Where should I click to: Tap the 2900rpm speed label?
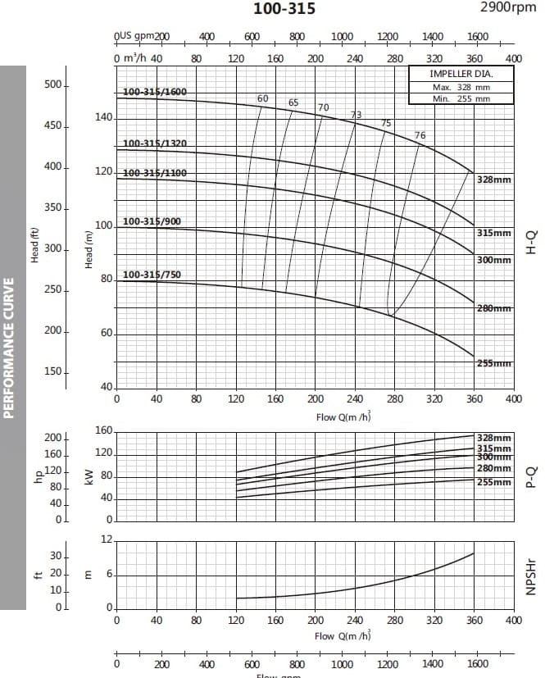point(507,7)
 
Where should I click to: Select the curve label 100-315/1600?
point(154,92)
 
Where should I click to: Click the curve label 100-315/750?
point(152,275)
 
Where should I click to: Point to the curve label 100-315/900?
point(152,221)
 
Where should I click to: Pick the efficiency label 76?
point(420,135)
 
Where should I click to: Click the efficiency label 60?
point(262,98)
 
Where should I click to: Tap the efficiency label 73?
point(357,115)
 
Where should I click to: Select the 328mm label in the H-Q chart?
point(494,178)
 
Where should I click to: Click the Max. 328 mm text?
point(461,87)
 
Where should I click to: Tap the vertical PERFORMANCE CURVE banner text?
point(10,348)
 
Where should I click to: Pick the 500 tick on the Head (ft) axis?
point(53,85)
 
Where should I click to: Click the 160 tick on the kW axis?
point(104,430)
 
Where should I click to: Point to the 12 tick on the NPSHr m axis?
point(107,539)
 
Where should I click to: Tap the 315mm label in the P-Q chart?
point(494,448)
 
